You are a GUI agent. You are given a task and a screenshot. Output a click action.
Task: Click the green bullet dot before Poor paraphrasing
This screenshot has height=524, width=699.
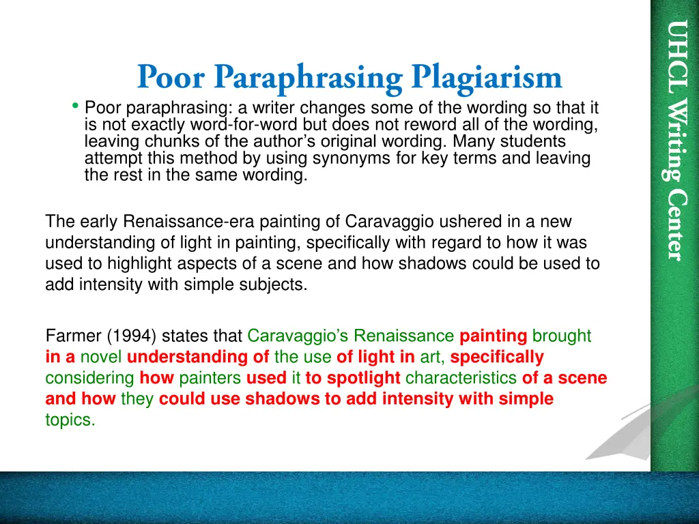75,106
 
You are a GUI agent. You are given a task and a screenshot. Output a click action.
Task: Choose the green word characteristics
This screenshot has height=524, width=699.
462,378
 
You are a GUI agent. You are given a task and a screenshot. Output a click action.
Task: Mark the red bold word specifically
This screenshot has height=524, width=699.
497,357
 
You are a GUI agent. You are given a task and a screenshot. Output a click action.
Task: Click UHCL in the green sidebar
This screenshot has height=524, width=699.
675,50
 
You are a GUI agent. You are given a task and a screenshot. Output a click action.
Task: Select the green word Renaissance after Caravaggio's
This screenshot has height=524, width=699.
403,336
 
